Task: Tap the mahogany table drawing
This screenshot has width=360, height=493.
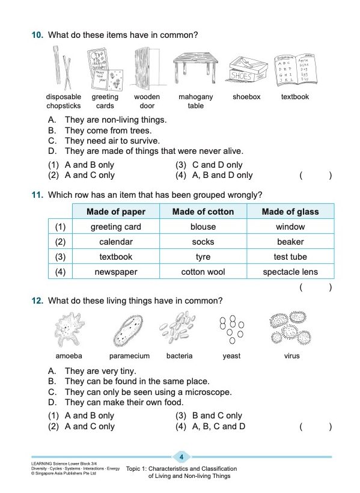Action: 195,67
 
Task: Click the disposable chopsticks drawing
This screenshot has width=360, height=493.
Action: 63,67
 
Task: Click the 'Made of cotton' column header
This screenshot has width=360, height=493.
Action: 203,212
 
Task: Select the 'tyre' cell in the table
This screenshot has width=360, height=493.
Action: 203,257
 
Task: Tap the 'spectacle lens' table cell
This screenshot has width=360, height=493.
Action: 290,272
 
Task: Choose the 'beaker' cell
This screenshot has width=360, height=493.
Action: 290,242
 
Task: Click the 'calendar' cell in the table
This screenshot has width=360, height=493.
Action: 115,242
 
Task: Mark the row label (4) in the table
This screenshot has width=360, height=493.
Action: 59,272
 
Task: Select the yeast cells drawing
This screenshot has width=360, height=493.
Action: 231,328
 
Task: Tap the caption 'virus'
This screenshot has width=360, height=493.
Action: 291,356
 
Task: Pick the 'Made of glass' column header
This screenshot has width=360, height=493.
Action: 290,212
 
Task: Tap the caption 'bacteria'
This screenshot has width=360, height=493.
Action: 179,356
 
